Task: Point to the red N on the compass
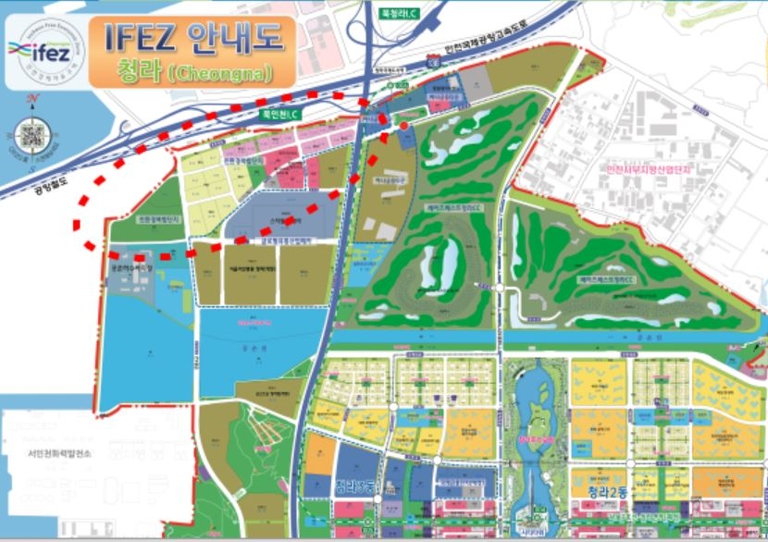coord(32,99)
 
